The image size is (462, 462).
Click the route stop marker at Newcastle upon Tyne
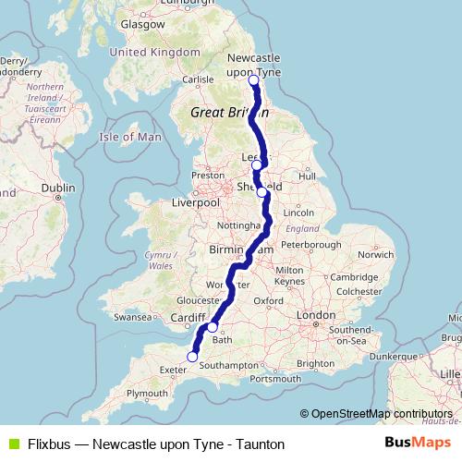point(254,80)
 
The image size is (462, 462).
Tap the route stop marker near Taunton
point(193,357)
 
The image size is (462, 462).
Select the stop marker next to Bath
point(213,327)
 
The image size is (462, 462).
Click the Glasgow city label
point(141,25)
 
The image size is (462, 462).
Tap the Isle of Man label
point(130,137)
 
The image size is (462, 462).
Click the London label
point(316,315)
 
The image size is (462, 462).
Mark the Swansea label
point(131,316)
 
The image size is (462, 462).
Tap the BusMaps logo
point(413,444)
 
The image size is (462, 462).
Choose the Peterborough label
point(311,246)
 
